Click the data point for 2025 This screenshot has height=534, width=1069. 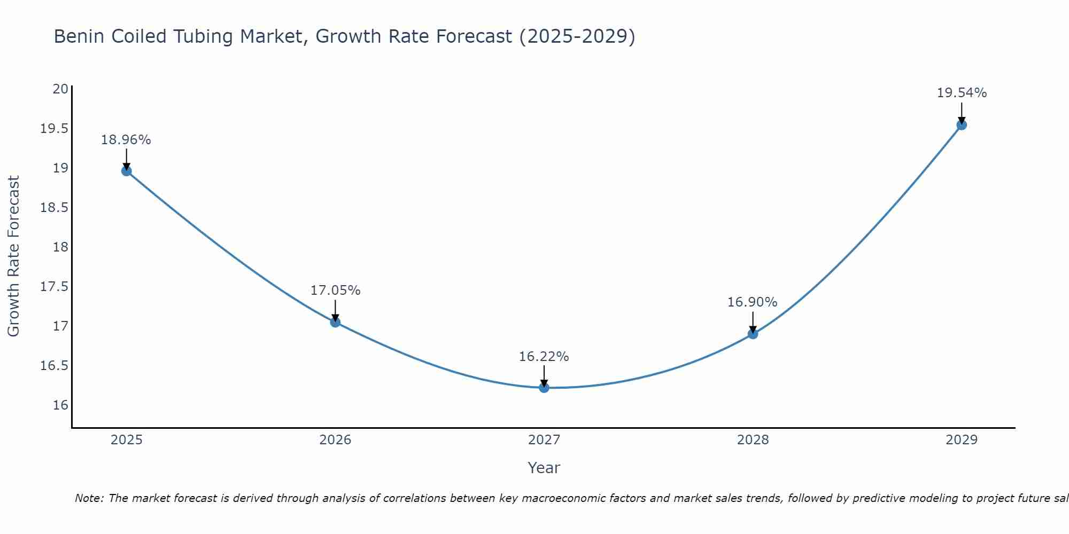pos(127,171)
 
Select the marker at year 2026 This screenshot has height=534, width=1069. pos(335,322)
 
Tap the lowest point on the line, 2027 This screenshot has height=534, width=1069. pos(544,388)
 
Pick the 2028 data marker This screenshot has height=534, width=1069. pos(753,334)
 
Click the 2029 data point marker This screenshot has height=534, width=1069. pos(962,125)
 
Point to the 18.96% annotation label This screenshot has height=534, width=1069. pos(126,140)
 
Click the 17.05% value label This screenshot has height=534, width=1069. pos(335,290)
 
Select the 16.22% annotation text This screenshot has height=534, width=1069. pos(544,357)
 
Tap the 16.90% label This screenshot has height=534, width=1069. pos(752,302)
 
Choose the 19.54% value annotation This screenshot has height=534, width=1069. pos(962,93)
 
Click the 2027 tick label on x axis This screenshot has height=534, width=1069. pos(544,440)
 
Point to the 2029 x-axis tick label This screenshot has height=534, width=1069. pos(962,440)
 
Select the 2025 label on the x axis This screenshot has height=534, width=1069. pos(127,440)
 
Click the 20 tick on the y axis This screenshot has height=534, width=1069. pos(60,89)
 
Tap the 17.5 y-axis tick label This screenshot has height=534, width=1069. pos(55,287)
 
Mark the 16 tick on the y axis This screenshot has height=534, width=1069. pos(60,405)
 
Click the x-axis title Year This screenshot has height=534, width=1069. pos(544,468)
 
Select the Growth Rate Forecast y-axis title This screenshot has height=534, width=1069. pos(13,256)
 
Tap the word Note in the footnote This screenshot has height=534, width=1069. pos(89,498)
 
